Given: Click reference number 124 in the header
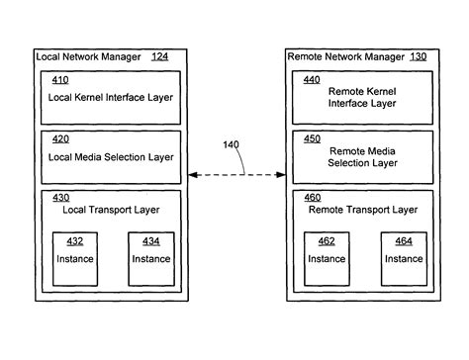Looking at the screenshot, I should coord(159,56).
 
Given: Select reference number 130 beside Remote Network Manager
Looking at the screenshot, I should coord(418,56).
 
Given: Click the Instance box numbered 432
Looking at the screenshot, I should coord(76,258).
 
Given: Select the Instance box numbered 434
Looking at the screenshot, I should coord(151,258).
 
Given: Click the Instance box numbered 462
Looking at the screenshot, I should coord(328,258).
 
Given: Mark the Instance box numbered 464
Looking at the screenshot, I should coord(404,258).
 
